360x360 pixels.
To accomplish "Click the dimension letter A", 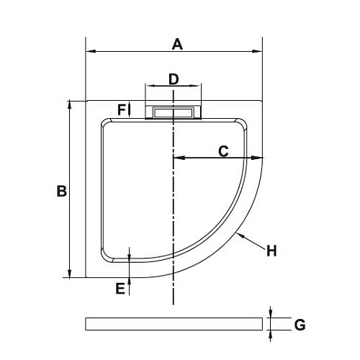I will (177, 44).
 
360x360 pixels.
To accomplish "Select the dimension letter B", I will (61, 191).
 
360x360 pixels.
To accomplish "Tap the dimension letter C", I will (223, 150).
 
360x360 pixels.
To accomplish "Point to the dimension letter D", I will (174, 78).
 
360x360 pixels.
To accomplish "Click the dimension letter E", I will (120, 288).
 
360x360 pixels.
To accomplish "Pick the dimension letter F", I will (122, 109).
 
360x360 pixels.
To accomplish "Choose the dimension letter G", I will (300, 325).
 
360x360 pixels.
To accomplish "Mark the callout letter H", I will (271, 251).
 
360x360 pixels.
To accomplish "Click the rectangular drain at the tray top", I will (174, 112).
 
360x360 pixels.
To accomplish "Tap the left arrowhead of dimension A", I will (89, 51).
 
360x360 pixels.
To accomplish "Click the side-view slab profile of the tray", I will (174, 324).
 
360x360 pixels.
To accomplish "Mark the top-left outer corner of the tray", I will (86, 101).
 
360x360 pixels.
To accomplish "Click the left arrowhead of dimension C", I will (177, 158).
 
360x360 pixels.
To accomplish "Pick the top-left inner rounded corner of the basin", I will (105, 125).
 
